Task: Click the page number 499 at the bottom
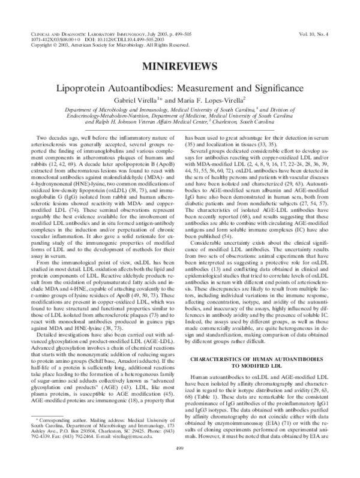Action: [x=179, y=464]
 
